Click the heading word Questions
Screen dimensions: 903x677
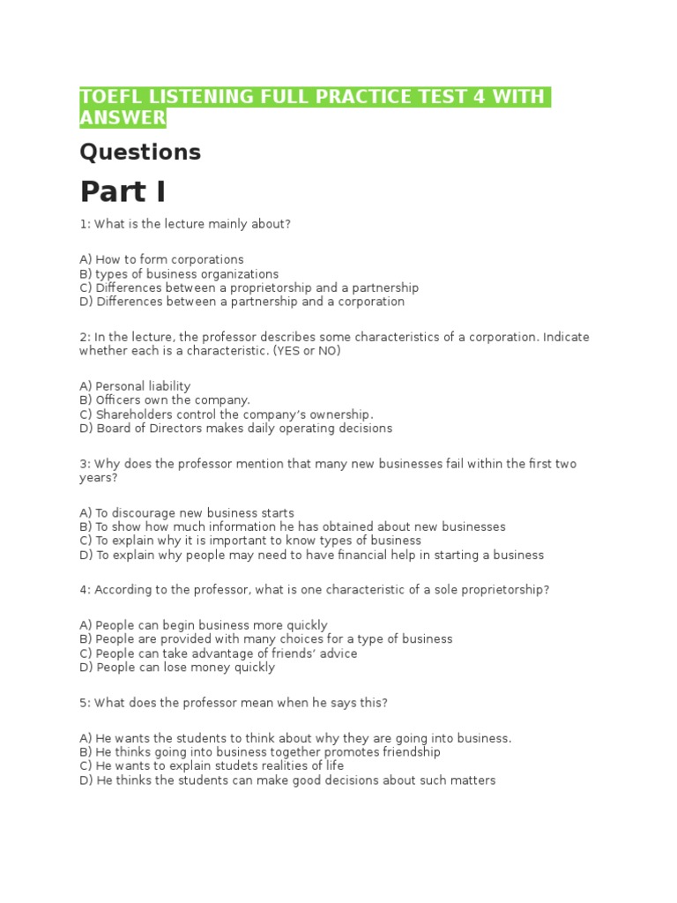[140, 153]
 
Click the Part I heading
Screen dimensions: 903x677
[123, 191]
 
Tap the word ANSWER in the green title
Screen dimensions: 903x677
[123, 118]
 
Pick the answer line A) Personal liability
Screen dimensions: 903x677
[135, 386]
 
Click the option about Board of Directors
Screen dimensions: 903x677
[235, 428]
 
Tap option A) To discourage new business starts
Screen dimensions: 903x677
[187, 512]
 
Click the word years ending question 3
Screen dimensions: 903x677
[97, 478]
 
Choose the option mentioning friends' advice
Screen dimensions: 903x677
[219, 653]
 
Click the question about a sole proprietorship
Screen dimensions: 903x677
[315, 590]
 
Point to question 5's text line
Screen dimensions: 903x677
[234, 703]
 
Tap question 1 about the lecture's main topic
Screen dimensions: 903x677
[185, 224]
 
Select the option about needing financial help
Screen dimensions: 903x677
[311, 555]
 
